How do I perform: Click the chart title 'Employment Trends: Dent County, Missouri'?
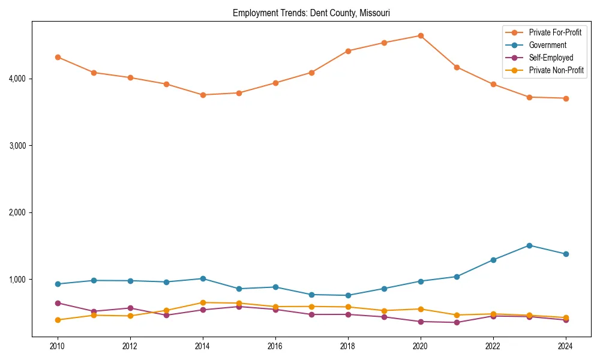coord(311,13)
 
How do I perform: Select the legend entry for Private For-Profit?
coord(555,32)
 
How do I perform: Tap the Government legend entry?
coord(547,45)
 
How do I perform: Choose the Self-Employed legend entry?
coord(551,58)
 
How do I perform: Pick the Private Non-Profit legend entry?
coord(556,70)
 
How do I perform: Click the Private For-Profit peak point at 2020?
coord(421,35)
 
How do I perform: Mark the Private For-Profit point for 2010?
coord(58,57)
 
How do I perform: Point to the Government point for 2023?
coord(529,245)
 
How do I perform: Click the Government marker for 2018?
coord(348,295)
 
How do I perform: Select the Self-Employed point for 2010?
coord(58,303)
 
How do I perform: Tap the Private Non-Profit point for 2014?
coord(203,302)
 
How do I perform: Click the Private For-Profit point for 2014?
coord(203,95)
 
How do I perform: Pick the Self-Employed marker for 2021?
coord(457,322)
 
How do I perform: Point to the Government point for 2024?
coord(565,254)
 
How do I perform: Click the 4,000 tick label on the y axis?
coord(18,79)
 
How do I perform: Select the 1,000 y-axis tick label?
coord(18,280)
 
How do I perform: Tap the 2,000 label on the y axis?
coord(18,212)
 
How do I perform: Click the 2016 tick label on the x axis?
coord(275,346)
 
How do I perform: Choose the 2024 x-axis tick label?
coord(565,346)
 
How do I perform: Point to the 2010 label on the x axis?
coord(58,346)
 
